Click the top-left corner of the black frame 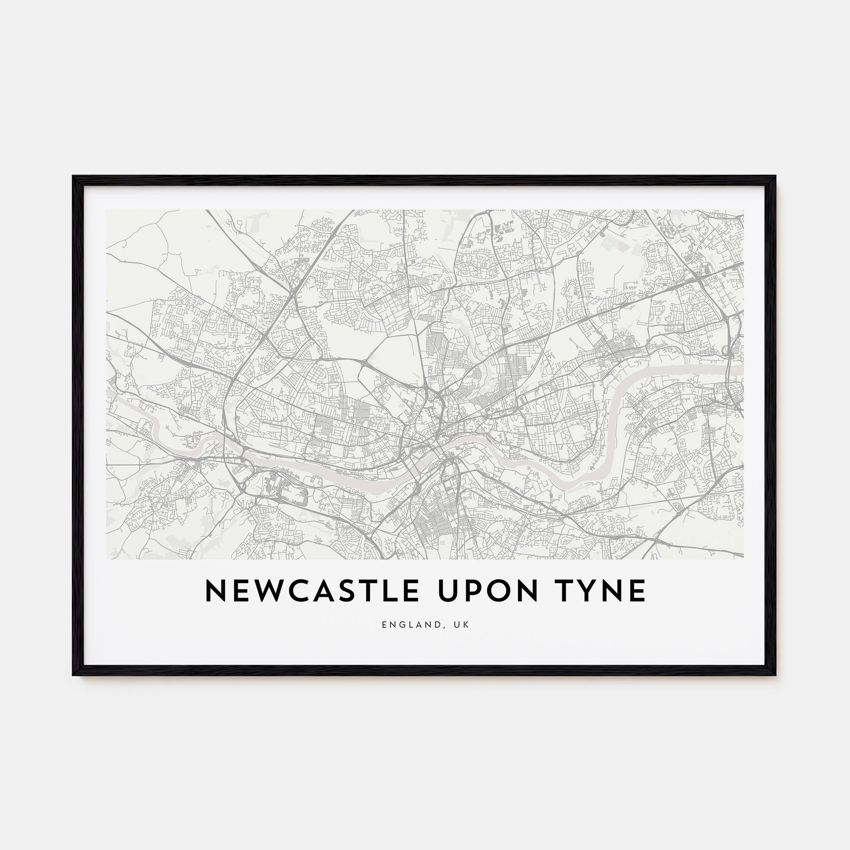(73, 176)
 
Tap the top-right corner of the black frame (776, 176)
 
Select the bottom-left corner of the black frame (73, 675)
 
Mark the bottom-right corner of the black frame (776, 675)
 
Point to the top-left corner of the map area (107, 210)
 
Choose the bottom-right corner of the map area (743, 559)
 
